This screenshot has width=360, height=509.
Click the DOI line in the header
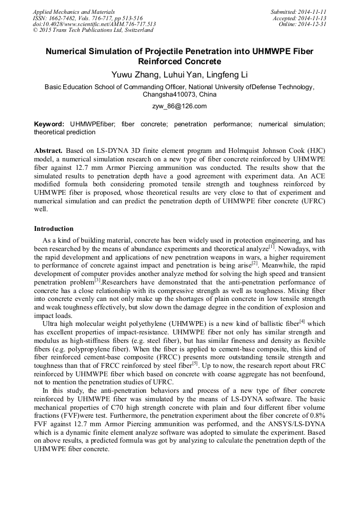pos(95,24)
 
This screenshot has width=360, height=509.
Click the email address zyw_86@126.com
pos(179,106)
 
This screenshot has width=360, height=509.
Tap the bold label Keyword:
pos(49,124)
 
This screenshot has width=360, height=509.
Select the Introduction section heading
pos(54,229)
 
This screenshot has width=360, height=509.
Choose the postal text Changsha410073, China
pos(179,94)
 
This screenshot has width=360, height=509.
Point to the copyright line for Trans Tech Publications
pos(93,30)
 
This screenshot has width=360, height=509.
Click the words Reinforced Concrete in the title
pos(179,62)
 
